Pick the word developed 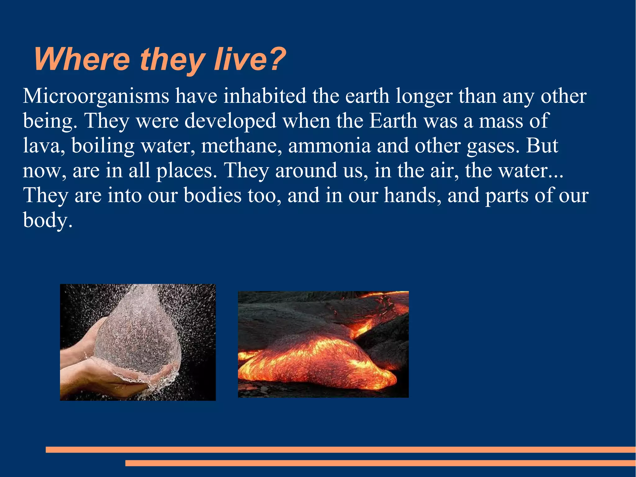point(230,121)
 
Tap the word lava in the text point(42,146)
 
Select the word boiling point(103,146)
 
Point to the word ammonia point(329,146)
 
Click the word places point(186,171)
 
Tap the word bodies point(212,195)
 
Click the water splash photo point(138,342)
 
